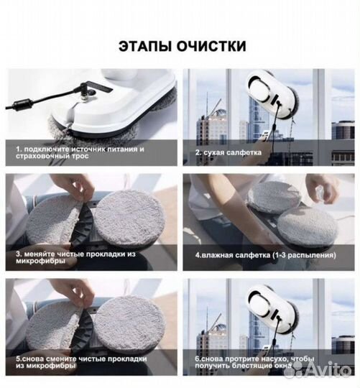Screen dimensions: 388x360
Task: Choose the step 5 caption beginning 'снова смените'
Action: coord(80,362)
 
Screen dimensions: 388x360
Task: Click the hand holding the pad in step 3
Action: coord(75,186)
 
